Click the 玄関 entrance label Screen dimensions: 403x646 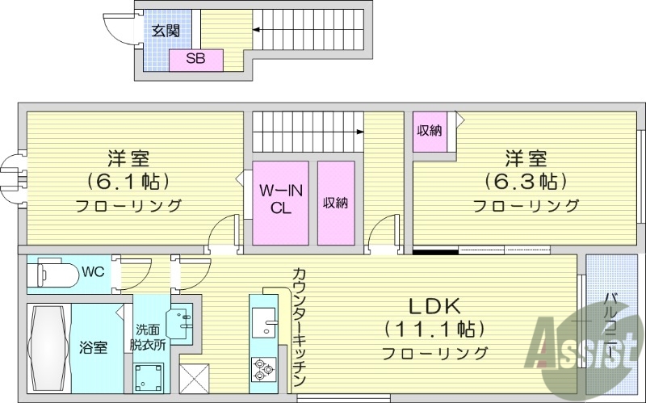tap(165, 31)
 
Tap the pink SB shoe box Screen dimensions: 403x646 tap(195, 59)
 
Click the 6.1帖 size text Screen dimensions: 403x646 tap(129, 179)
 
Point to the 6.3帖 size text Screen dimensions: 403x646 tap(526, 179)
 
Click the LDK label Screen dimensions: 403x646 tap(434, 306)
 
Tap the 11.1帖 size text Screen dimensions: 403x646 tap(434, 330)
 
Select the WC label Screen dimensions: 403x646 tap(91, 271)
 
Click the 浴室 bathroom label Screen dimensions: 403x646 tap(93, 348)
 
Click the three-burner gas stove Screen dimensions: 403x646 tap(262, 367)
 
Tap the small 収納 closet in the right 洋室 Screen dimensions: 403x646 tap(430, 131)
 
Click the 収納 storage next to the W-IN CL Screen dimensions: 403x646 tap(336, 202)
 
